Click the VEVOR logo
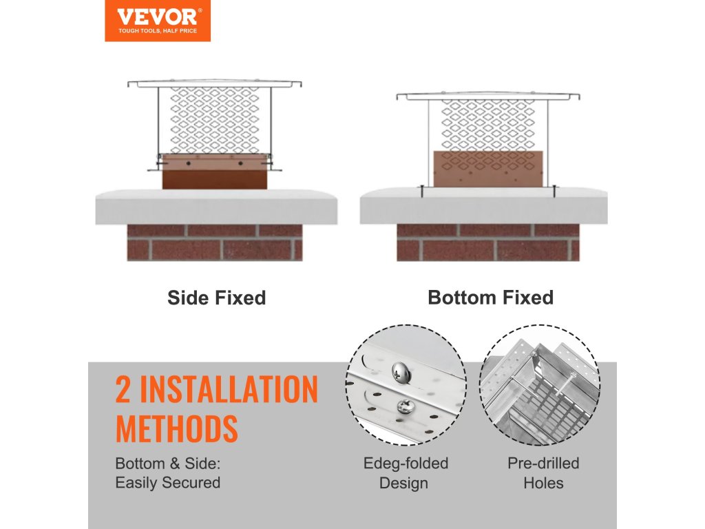[158, 21]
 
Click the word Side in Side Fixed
[187, 298]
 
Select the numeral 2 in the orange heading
[123, 390]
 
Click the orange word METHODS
[177, 428]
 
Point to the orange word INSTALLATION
[229, 390]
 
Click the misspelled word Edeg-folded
[406, 464]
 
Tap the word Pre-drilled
[543, 464]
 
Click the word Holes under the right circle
[543, 483]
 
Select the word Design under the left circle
[403, 484]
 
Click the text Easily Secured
[168, 483]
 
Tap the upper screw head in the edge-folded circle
[400, 372]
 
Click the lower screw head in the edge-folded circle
[404, 406]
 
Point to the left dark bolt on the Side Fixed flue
[189, 163]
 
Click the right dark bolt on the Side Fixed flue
[240, 163]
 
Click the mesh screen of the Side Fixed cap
[215, 120]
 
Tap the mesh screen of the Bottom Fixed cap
[488, 125]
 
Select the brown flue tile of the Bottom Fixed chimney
[488, 169]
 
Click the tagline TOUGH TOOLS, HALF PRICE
[158, 30]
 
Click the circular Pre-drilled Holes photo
[540, 385]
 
